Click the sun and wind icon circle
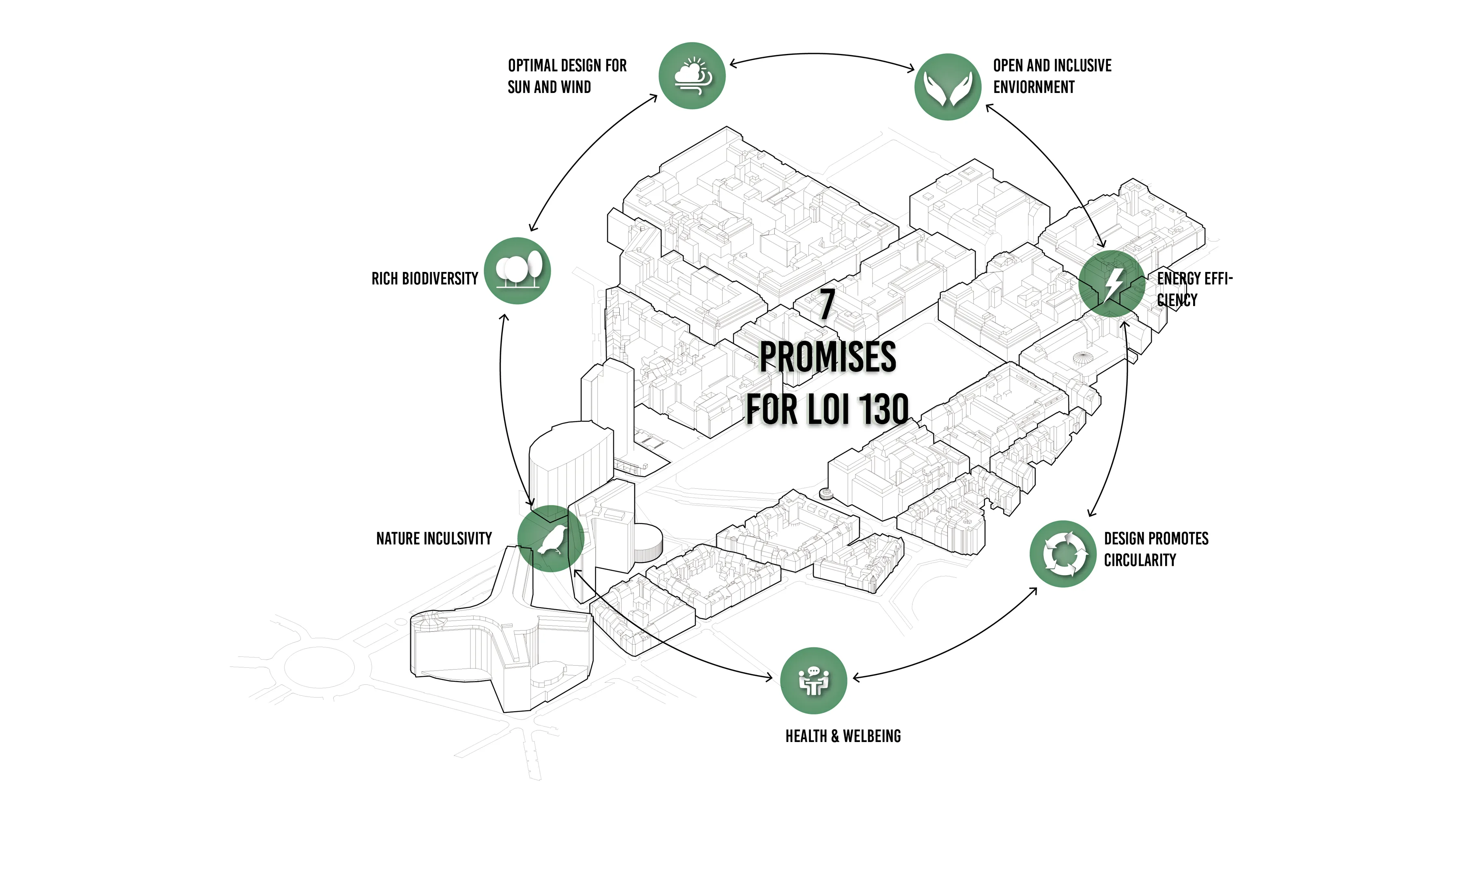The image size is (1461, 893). tap(692, 76)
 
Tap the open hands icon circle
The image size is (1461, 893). tap(948, 87)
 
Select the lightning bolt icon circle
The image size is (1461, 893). tap(1112, 283)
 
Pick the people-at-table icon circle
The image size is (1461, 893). tap(814, 681)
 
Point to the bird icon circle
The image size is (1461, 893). tap(551, 538)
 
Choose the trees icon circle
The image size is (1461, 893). tap(517, 271)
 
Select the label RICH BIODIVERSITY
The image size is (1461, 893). tap(425, 279)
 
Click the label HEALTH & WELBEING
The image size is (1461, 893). tap(843, 736)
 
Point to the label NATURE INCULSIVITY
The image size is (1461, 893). tap(434, 538)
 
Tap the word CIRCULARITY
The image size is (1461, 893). tap(1140, 560)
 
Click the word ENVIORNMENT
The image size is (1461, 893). tap(1034, 87)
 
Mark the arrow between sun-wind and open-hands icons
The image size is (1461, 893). tap(822, 54)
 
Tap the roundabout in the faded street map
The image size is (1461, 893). tap(320, 667)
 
